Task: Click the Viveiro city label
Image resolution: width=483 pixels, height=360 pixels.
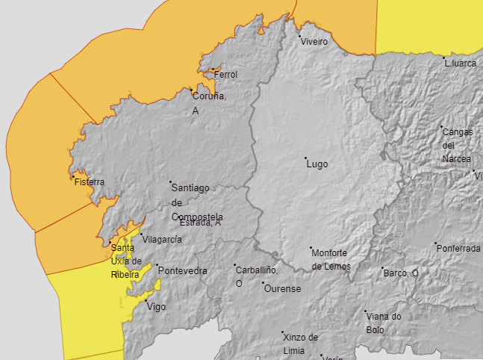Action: pyautogui.click(x=314, y=42)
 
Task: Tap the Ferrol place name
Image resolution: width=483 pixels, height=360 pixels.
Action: pyautogui.click(x=225, y=75)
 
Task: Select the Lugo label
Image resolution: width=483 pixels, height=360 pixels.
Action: pyautogui.click(x=317, y=164)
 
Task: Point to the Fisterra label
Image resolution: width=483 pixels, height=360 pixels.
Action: pyautogui.click(x=90, y=181)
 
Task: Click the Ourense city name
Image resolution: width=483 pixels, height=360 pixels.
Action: pyautogui.click(x=282, y=288)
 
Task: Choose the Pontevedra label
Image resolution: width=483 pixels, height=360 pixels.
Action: pyautogui.click(x=183, y=270)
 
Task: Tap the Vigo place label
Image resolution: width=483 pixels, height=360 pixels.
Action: pyautogui.click(x=157, y=307)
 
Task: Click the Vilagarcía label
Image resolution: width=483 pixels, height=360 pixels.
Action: pyautogui.click(x=162, y=239)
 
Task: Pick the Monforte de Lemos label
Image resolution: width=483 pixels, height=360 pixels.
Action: pyautogui.click(x=331, y=259)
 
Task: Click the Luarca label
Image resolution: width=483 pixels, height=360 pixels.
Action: pyautogui.click(x=460, y=63)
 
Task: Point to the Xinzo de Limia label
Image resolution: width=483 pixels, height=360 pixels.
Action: pyautogui.click(x=301, y=344)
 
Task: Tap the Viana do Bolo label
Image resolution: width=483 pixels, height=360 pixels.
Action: pyautogui.click(x=384, y=323)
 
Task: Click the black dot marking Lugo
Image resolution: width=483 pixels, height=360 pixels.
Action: pyautogui.click(x=305, y=158)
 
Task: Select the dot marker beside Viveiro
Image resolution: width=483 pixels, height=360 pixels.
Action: pyautogui.click(x=300, y=37)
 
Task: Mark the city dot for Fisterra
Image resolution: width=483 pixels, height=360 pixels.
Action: pyautogui.click(x=73, y=177)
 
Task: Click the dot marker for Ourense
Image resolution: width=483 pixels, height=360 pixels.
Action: pyautogui.click(x=263, y=284)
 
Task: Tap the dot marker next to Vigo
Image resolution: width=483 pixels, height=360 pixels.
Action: pyautogui.click(x=146, y=302)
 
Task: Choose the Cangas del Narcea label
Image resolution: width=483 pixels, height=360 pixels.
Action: pyautogui.click(x=457, y=145)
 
